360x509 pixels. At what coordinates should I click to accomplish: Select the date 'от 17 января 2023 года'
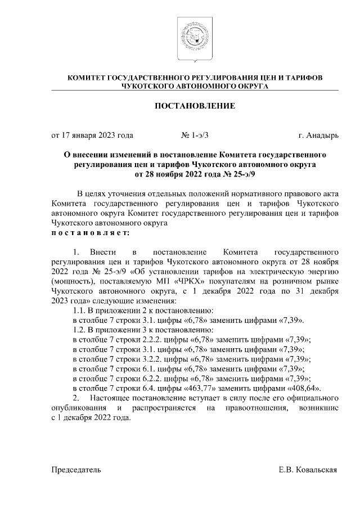tap(92, 136)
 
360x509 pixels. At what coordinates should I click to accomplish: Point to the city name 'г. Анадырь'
tap(318, 136)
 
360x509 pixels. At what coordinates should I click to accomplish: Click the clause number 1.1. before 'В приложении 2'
tap(83, 310)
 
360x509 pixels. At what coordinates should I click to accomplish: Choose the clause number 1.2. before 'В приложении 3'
tap(83, 330)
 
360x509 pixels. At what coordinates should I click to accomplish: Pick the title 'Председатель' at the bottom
tap(76, 469)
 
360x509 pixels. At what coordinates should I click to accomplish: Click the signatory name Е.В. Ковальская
tap(308, 469)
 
